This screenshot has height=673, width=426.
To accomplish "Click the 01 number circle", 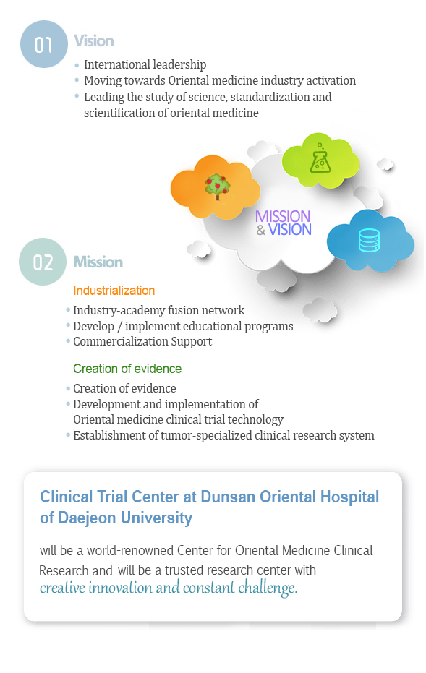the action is (44, 44).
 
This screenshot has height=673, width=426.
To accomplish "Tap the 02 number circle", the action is (43, 262).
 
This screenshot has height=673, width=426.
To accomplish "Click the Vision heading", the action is (94, 41).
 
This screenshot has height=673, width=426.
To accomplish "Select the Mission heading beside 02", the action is (98, 262).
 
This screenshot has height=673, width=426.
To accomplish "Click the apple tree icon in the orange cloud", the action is (217, 187).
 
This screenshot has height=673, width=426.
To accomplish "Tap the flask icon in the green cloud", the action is (320, 158).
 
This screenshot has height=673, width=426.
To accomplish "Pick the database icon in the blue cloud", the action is (370, 240).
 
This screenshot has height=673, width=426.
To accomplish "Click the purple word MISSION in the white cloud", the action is (283, 216).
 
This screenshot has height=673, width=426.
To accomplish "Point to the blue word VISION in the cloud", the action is (290, 230).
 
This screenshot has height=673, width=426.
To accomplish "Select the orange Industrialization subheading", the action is (114, 291).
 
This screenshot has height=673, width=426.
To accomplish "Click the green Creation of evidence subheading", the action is (127, 369).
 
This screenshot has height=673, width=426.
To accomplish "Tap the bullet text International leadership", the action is (145, 65).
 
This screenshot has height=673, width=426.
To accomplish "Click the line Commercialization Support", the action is (142, 342).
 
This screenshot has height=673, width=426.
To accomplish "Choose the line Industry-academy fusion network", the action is (159, 310).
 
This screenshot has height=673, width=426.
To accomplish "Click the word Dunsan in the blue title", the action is (228, 497).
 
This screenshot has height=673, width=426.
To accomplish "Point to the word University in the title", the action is (156, 518).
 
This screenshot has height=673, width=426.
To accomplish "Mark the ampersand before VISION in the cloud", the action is (261, 231).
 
